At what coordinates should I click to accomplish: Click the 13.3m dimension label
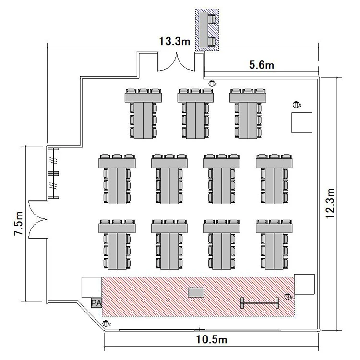coord(175,41)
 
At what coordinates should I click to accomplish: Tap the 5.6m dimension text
coord(262,65)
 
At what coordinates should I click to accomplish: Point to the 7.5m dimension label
coord(19,223)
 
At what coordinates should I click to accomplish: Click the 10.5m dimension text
coord(212,339)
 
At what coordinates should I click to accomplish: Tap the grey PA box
coord(96,303)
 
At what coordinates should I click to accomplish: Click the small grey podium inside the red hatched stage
coord(196,292)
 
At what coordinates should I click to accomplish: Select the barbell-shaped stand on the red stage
coord(260,303)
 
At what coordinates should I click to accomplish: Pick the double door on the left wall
coord(38,219)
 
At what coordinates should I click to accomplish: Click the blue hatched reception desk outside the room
coord(207,30)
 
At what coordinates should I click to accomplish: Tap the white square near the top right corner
coord(302,122)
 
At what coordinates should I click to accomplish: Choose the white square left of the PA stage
coord(92,288)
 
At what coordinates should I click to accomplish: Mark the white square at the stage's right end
coord(304,284)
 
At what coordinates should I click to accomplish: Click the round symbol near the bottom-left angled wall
coord(106,324)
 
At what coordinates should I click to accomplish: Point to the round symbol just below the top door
coord(212,84)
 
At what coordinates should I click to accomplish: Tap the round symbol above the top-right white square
coord(296,105)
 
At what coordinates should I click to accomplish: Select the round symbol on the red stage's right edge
coord(288,297)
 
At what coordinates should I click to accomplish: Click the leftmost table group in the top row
coord(143,114)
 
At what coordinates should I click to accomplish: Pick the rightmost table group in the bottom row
coord(274,244)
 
